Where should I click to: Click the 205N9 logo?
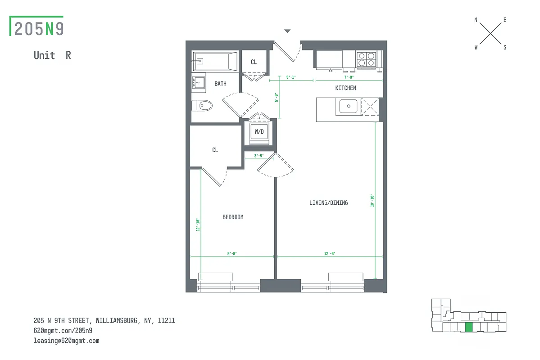pyautogui.click(x=38, y=28)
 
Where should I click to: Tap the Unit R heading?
pyautogui.click(x=52, y=55)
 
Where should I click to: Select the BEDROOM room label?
pyautogui.click(x=233, y=217)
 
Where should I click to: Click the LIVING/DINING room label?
pyautogui.click(x=328, y=203)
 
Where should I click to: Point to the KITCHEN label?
pyautogui.click(x=345, y=88)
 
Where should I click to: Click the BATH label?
pyautogui.click(x=220, y=84)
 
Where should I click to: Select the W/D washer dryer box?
pyautogui.click(x=259, y=132)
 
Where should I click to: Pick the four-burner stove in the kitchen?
pyautogui.click(x=366, y=60)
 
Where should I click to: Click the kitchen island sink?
pyautogui.click(x=348, y=107)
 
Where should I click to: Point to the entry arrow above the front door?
pyautogui.click(x=287, y=31)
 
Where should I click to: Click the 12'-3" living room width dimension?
pyautogui.click(x=329, y=254)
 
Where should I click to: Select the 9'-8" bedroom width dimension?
pyautogui.click(x=232, y=254)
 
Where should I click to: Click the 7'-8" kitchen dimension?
pyautogui.click(x=349, y=77)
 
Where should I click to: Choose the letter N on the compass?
pyautogui.click(x=476, y=20)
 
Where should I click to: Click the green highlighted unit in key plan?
pyautogui.click(x=469, y=327)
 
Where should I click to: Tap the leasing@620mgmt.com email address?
pyautogui.click(x=66, y=341)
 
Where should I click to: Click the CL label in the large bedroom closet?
pyautogui.click(x=215, y=150)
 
